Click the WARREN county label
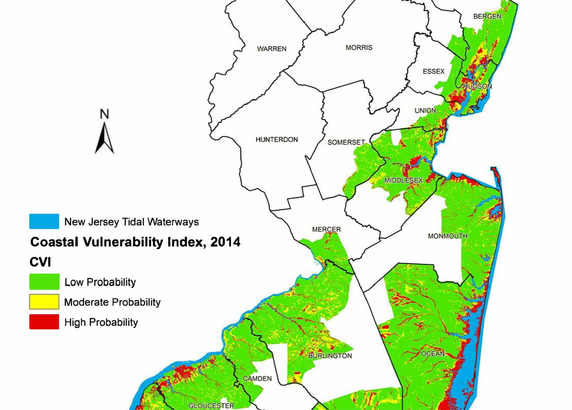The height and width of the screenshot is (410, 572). [x=272, y=49]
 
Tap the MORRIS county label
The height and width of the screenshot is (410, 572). [x=359, y=48]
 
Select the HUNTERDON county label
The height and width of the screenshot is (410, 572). [x=277, y=140]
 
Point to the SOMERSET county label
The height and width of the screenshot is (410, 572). [x=346, y=142]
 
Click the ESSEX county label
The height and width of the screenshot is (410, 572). [x=433, y=71]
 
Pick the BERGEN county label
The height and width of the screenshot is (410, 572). [x=487, y=16]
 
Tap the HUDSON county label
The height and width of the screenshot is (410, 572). [x=477, y=86]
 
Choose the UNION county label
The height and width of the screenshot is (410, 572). [x=425, y=111]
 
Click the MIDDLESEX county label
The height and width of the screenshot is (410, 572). [x=404, y=180]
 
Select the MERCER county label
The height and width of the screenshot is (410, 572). [x=327, y=229]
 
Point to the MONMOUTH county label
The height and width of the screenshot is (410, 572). [x=448, y=236]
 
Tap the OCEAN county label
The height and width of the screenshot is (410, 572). [x=433, y=354]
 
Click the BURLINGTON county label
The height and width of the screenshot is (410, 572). [x=330, y=356]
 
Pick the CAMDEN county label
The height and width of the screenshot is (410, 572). [x=257, y=379]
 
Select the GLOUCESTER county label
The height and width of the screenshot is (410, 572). [x=211, y=406]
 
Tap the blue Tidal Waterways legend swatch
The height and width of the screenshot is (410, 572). [x=44, y=222]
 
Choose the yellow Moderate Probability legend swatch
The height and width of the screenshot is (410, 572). [x=44, y=302]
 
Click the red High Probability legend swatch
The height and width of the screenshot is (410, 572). [x=44, y=322]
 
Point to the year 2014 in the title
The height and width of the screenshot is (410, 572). [x=226, y=242]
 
